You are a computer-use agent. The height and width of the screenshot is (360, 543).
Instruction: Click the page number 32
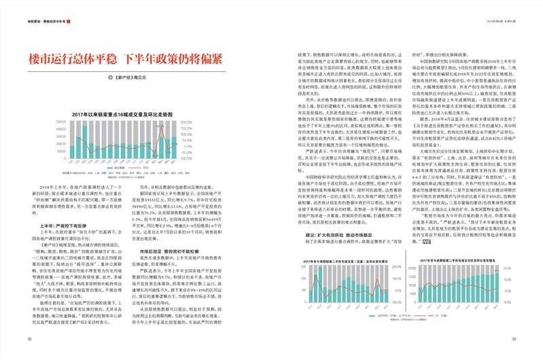(x=29, y=339)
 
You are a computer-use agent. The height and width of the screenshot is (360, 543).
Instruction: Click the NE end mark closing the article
(x=426, y=242)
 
